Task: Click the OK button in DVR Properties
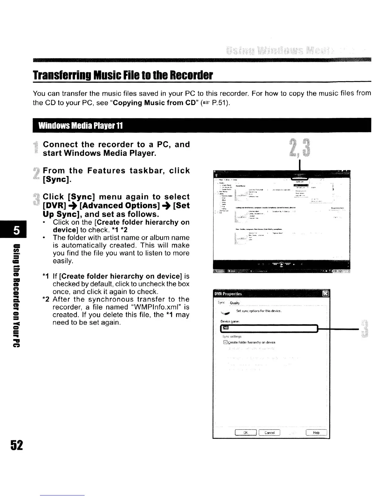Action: (x=246, y=433)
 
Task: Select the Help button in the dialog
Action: (x=316, y=433)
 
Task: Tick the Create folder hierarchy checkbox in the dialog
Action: (x=225, y=342)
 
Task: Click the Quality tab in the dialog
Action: (x=235, y=303)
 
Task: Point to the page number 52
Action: (x=17, y=445)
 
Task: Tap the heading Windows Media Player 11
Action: (x=80, y=126)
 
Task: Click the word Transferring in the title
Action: (x=58, y=75)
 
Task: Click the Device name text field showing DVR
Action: (x=270, y=328)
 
